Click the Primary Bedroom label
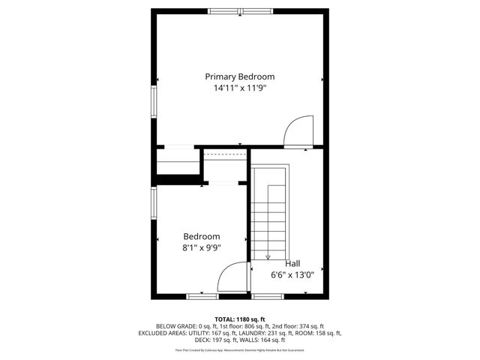(x=240, y=76)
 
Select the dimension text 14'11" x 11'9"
(x=240, y=88)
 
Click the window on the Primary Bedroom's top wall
(x=241, y=11)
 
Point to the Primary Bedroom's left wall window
(x=154, y=100)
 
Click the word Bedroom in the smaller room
(x=202, y=236)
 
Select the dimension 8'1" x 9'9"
(x=202, y=248)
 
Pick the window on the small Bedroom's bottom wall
(x=202, y=296)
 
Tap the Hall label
(x=292, y=263)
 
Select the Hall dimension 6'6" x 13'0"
(x=292, y=274)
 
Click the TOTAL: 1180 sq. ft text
(x=240, y=319)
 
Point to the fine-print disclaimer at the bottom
(x=240, y=349)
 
